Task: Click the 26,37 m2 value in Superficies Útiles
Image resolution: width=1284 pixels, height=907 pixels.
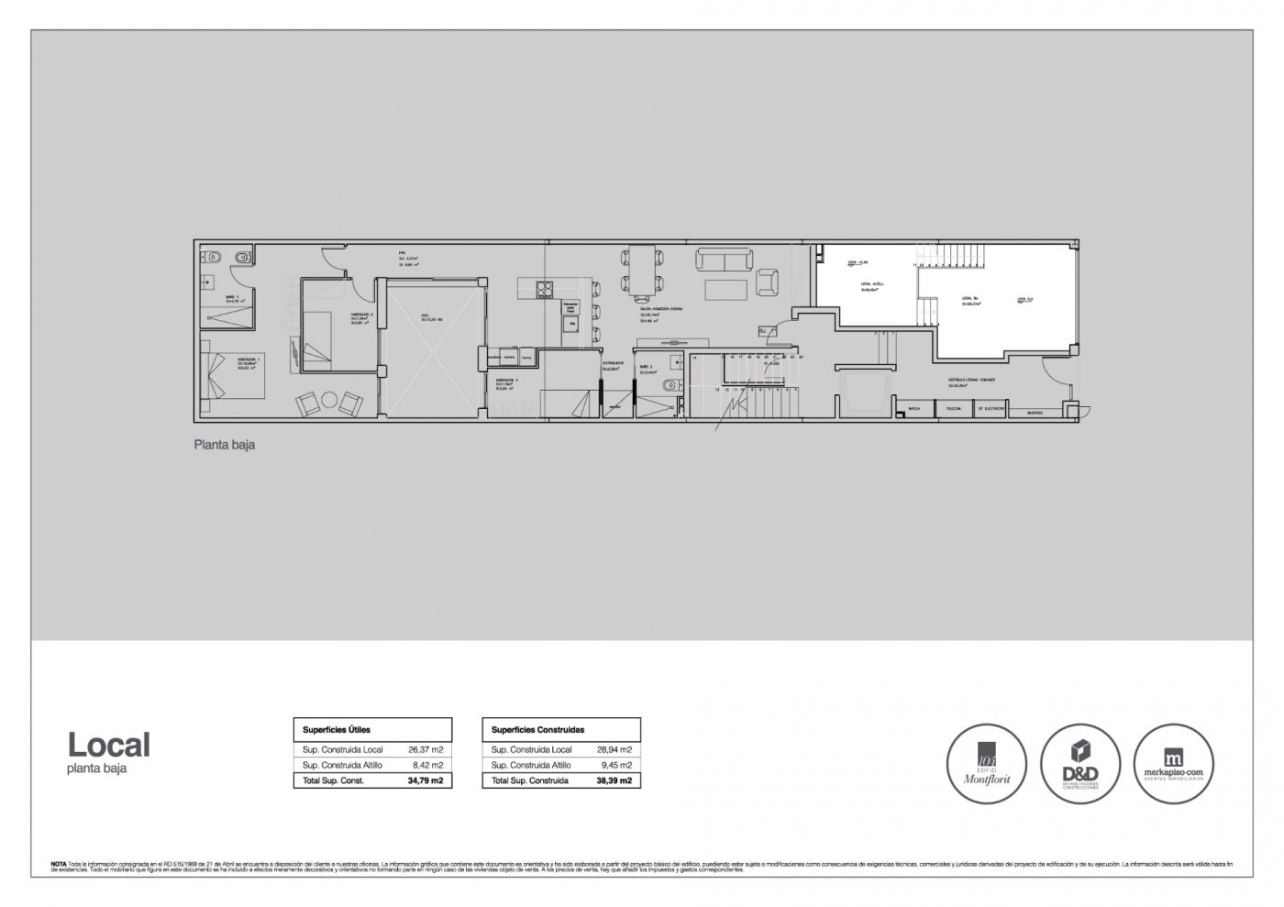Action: pyautogui.click(x=426, y=749)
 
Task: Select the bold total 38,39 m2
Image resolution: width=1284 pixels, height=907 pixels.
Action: pyautogui.click(x=614, y=780)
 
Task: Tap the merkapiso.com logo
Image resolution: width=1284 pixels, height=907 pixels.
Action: pyautogui.click(x=1175, y=764)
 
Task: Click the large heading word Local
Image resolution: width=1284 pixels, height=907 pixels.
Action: pyautogui.click(x=108, y=746)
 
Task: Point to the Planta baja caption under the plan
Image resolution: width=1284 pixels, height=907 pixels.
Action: pyautogui.click(x=224, y=446)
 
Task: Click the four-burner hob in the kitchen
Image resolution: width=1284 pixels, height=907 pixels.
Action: pyautogui.click(x=545, y=290)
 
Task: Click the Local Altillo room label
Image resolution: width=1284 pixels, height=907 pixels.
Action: pyautogui.click(x=866, y=290)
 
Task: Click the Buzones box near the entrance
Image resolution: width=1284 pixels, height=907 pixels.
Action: pyautogui.click(x=1035, y=413)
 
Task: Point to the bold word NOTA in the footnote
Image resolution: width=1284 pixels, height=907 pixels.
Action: pyautogui.click(x=58, y=864)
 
